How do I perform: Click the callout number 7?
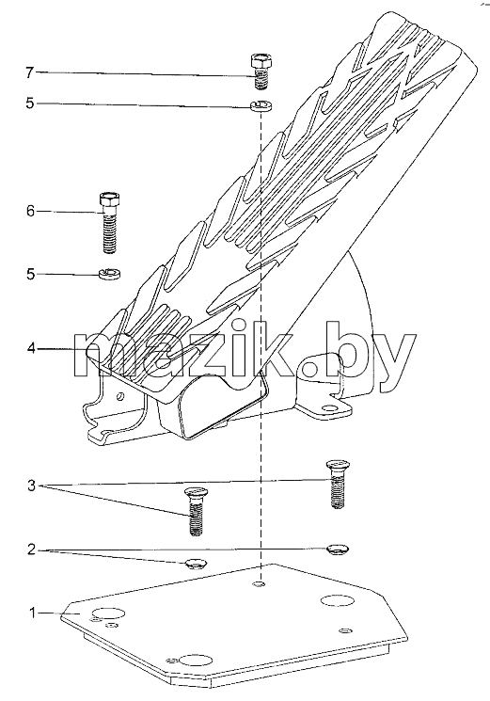[29, 72]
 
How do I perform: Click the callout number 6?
[30, 211]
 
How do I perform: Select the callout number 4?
[30, 348]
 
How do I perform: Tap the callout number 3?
[31, 486]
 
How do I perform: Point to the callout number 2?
[31, 549]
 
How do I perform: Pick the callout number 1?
[32, 613]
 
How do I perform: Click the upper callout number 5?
[29, 104]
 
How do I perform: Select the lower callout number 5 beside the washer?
[30, 274]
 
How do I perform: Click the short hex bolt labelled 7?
[261, 71]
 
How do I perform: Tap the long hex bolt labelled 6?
[109, 222]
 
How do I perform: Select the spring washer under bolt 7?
[261, 105]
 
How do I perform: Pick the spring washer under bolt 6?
[109, 272]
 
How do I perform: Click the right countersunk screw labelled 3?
[339, 485]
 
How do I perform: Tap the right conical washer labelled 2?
[339, 549]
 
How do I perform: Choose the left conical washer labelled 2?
[196, 565]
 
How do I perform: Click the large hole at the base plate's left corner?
[108, 614]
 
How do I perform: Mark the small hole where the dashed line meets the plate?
[259, 584]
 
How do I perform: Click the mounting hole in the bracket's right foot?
[329, 408]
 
